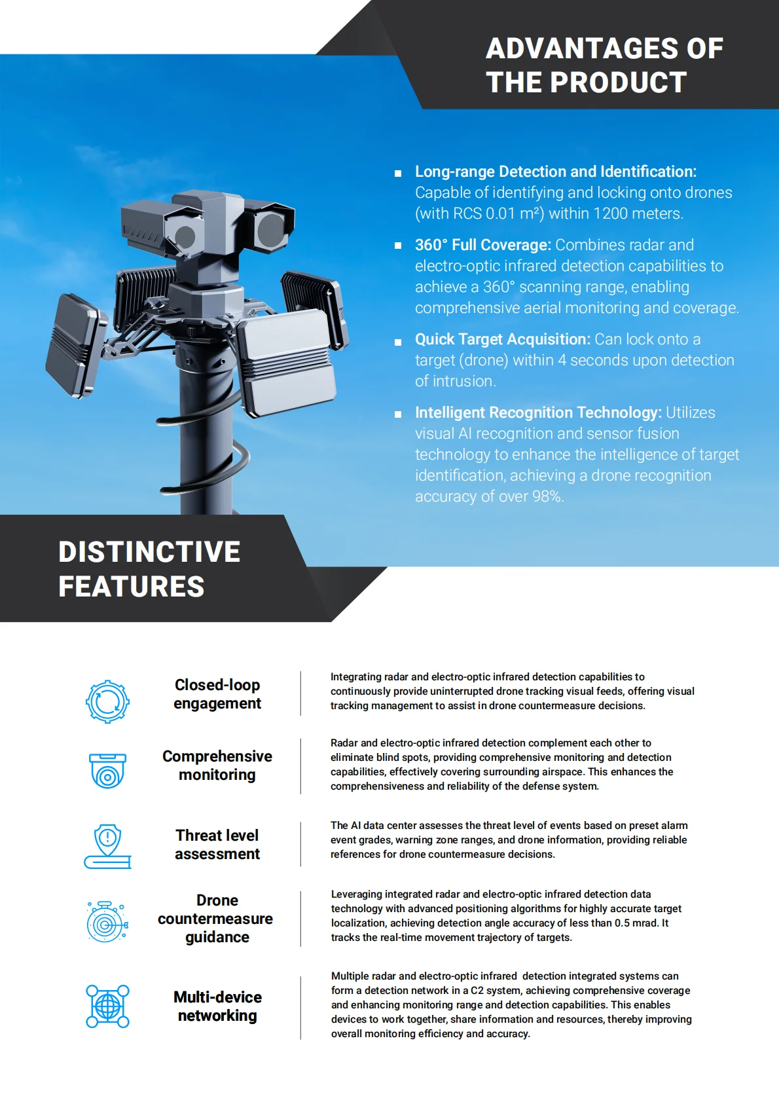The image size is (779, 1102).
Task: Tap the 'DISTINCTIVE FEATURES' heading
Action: (149, 569)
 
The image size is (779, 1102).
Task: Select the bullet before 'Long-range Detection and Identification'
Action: (397, 174)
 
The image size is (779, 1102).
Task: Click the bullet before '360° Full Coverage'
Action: (397, 246)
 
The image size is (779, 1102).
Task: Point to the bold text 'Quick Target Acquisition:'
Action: (503, 339)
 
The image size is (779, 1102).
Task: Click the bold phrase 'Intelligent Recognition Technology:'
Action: (538, 413)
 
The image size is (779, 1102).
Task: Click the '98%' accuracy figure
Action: (547, 496)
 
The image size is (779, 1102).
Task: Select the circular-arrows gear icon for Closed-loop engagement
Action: (107, 701)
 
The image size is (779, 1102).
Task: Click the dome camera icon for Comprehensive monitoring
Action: (107, 770)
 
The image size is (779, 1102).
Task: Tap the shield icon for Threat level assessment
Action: (107, 846)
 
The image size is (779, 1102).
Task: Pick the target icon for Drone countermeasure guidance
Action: (107, 922)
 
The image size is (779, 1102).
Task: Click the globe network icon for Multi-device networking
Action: (107, 1006)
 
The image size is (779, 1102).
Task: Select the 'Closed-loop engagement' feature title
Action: (217, 694)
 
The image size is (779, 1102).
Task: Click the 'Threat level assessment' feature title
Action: (217, 845)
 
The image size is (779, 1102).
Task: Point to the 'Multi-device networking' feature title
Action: (217, 1006)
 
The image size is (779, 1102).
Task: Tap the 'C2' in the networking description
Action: (477, 991)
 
